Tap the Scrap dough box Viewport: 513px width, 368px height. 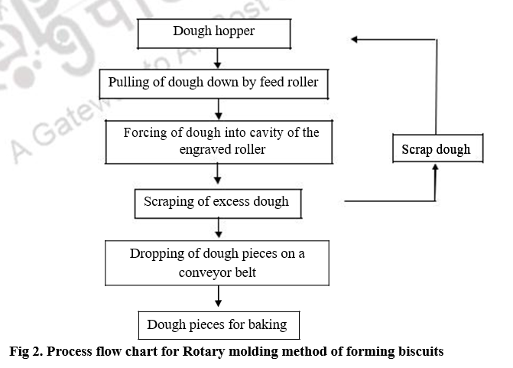point(436,149)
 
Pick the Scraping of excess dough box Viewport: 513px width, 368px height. point(217,202)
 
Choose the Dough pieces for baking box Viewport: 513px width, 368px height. point(218,324)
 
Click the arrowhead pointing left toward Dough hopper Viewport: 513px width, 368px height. point(356,39)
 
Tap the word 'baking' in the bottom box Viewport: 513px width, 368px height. point(267,324)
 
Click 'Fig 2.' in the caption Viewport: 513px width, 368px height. point(25,352)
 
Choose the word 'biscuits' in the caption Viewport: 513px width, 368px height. point(417,352)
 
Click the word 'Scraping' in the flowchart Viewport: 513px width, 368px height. point(168,202)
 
